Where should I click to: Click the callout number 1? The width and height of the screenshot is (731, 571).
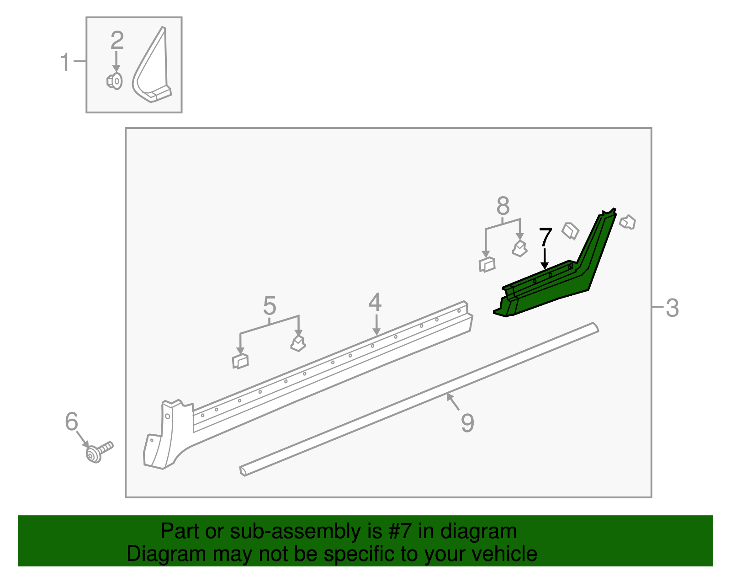(x=65, y=62)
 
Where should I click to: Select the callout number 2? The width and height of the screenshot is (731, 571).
(x=117, y=40)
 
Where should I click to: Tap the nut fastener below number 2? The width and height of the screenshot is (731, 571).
(x=115, y=81)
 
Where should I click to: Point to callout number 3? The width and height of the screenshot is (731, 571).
(x=672, y=308)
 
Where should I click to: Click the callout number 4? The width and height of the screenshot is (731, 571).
(x=375, y=302)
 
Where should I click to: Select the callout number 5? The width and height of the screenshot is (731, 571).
(x=270, y=305)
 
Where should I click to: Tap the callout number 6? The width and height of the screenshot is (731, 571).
(x=72, y=422)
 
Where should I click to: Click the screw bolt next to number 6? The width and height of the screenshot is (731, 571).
(x=99, y=452)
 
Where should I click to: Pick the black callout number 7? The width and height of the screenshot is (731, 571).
(x=546, y=238)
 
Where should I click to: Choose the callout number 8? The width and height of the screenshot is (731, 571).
(x=503, y=206)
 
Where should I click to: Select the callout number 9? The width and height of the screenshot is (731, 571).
(x=467, y=423)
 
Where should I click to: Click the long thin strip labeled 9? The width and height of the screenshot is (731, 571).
(x=411, y=402)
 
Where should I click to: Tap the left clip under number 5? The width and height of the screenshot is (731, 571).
(x=240, y=361)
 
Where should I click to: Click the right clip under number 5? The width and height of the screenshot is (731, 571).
(x=298, y=343)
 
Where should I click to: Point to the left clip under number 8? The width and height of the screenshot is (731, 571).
(x=487, y=265)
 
